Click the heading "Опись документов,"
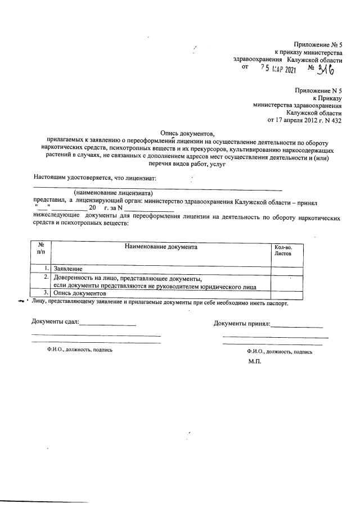pos(187,133)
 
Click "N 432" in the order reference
pos(332,120)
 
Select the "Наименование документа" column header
pos(161,247)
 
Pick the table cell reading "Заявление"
pos(67,270)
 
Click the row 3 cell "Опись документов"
pos(79,294)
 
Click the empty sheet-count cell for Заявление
pos(289,270)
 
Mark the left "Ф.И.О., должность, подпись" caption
pos(80,350)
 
